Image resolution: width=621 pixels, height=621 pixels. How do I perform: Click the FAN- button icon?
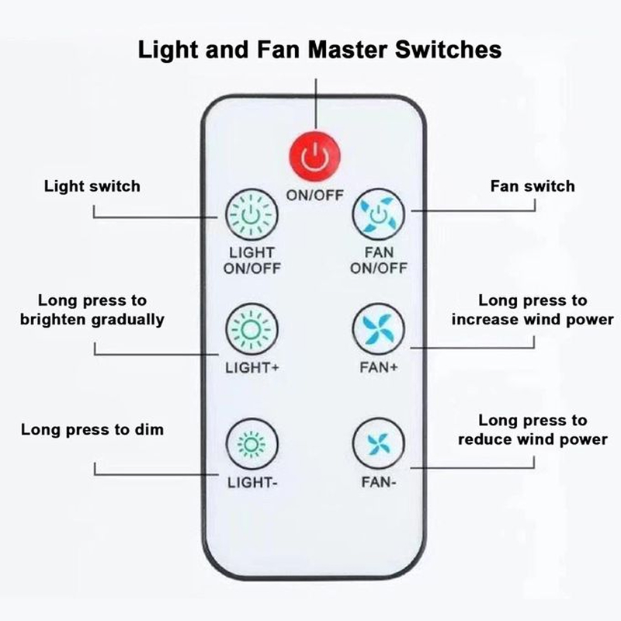379,445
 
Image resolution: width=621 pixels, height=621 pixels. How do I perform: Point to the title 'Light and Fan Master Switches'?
319,50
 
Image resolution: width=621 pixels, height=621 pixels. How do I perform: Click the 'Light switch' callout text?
92,186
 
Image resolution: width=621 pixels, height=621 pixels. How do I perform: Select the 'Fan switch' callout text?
533,186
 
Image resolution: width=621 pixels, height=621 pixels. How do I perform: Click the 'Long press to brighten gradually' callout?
92,310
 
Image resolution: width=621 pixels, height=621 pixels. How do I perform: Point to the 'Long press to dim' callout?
92,428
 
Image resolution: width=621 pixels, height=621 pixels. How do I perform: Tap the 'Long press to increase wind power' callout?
533,310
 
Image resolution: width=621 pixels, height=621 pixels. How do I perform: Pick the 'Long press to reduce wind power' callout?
533,430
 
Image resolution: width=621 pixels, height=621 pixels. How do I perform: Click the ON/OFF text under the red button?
316,195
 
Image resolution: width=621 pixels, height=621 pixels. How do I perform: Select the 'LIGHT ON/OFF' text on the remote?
251,261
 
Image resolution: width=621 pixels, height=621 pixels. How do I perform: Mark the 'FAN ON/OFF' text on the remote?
379,261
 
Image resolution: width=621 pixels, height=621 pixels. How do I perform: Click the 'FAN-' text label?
379,482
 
